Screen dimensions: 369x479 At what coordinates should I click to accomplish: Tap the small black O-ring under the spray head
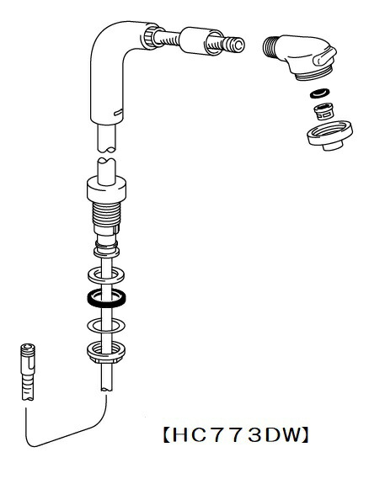(x=320, y=93)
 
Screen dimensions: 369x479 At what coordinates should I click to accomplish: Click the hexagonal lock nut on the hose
(x=106, y=353)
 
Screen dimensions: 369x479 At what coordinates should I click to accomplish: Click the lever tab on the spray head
(x=324, y=57)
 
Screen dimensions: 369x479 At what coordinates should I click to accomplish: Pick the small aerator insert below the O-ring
(x=324, y=112)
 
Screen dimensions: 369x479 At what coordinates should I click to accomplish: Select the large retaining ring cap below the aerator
(x=329, y=136)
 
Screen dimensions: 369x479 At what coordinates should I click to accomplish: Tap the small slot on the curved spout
(x=118, y=113)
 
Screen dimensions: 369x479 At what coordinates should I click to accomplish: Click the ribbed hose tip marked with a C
(x=234, y=45)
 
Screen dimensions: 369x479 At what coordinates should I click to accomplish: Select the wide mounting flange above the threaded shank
(x=106, y=190)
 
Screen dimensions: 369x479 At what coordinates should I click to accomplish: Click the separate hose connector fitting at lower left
(x=28, y=372)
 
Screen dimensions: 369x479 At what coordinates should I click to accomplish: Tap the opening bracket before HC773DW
(x=167, y=434)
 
